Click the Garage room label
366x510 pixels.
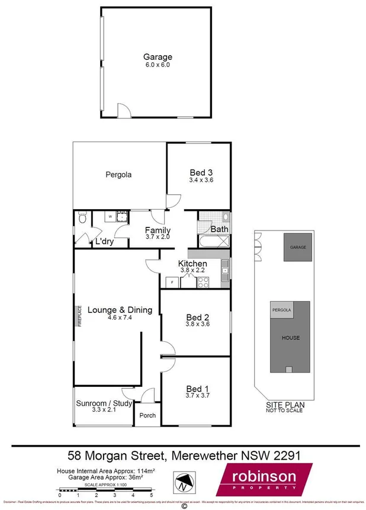pyautogui.click(x=157, y=57)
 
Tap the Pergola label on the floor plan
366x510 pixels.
pyautogui.click(x=118, y=175)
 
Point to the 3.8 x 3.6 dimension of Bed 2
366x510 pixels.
pyautogui.click(x=198, y=324)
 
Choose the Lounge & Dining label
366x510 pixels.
pyautogui.click(x=120, y=309)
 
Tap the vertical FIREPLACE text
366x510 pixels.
pyautogui.click(x=78, y=316)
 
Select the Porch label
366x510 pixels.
pyautogui.click(x=147, y=415)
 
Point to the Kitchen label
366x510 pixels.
pyautogui.click(x=193, y=264)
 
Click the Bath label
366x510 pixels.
pyautogui.click(x=220, y=229)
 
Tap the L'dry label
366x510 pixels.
pyautogui.click(x=104, y=242)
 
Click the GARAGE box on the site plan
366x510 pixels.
pyautogui.click(x=298, y=246)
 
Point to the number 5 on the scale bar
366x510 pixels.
pyautogui.click(x=151, y=495)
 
